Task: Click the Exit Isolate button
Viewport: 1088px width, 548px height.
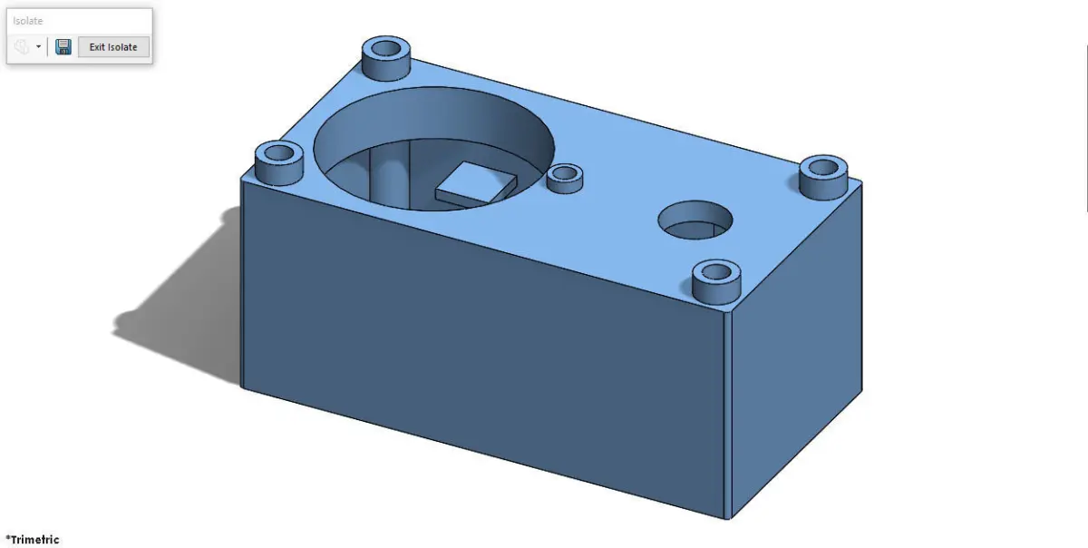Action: pos(113,47)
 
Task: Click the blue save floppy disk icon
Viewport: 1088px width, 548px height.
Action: pos(63,47)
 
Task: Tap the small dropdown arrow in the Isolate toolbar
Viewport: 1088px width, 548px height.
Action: pos(38,47)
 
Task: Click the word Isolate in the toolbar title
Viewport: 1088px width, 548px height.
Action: pos(28,21)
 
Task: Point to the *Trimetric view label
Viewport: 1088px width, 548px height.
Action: pos(33,540)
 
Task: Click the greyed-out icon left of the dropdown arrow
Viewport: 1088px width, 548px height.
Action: pos(22,47)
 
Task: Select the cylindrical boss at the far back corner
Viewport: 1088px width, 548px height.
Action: pos(386,58)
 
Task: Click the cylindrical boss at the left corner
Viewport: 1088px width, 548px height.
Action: pos(279,163)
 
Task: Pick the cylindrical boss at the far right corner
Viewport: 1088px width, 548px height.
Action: pos(824,177)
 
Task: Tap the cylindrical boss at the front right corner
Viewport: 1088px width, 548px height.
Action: pos(716,282)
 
